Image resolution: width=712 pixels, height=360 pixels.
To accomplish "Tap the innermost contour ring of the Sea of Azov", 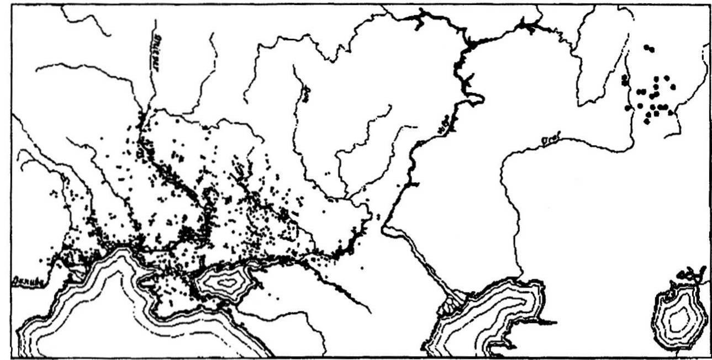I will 224,283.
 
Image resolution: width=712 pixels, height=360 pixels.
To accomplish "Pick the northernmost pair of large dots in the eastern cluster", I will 649,49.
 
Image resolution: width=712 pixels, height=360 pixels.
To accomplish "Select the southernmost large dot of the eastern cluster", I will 647,121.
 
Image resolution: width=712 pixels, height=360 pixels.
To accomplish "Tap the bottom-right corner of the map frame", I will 709,356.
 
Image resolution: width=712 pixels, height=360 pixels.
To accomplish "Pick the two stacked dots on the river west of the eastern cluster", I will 625,81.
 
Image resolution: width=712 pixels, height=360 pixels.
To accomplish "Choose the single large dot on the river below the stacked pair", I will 627,108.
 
